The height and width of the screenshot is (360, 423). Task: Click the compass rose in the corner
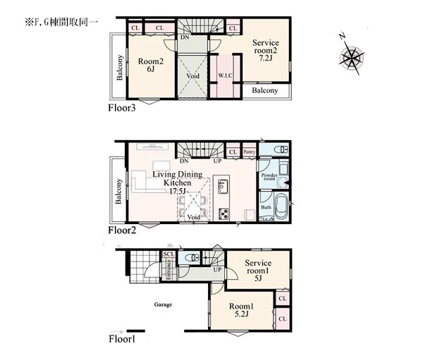tap(352, 56)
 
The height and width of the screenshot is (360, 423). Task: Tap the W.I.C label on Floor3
tap(225, 76)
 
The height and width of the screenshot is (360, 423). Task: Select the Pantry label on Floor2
tap(249, 152)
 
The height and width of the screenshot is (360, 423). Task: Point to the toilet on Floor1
tap(193, 257)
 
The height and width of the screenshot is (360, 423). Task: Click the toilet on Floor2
tap(281, 149)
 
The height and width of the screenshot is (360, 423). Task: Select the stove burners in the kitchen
tap(224, 214)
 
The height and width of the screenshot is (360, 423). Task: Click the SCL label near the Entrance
tap(169, 254)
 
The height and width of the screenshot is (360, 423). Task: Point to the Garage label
tap(163, 305)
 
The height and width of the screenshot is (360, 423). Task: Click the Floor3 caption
tap(122, 108)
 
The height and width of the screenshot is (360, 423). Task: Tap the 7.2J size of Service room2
tap(266, 58)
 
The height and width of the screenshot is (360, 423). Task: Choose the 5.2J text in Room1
tap(241, 314)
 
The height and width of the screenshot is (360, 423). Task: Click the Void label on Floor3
tap(192, 76)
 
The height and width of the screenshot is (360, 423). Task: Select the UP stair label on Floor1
tap(217, 269)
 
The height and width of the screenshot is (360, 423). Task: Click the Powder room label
tap(269, 177)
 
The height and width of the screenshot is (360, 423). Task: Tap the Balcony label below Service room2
tap(265, 90)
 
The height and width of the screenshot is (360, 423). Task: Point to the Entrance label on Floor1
tap(169, 269)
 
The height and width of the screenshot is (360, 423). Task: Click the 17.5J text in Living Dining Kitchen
tap(178, 191)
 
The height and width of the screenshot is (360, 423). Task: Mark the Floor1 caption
tap(122, 339)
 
